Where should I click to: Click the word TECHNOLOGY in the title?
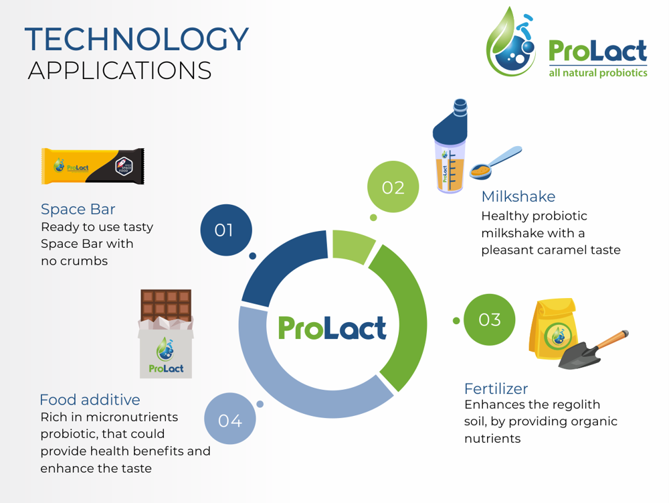(136, 40)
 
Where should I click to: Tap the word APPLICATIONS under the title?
(120, 70)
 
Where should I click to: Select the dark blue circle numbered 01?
(225, 230)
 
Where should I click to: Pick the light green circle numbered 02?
(393, 187)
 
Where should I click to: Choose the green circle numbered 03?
(489, 319)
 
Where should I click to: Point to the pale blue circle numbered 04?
(229, 419)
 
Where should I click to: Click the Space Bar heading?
(78, 209)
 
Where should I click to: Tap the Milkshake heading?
(518, 196)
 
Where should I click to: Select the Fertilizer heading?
(496, 388)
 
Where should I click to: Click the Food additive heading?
(90, 400)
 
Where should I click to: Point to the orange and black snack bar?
(92, 166)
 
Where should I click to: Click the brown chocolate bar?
(166, 305)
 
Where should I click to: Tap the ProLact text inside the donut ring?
(332, 328)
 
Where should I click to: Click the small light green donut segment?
(353, 244)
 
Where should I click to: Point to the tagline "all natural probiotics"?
(597, 72)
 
